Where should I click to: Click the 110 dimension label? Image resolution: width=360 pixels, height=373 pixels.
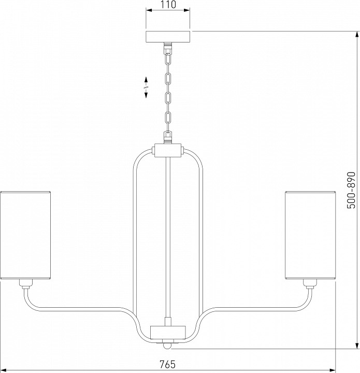[168, 5]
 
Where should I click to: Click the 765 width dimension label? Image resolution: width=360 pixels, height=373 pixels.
[167, 364]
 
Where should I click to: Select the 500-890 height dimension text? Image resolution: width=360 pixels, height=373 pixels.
[351, 190]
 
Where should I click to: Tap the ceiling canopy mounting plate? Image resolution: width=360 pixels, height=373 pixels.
[168, 37]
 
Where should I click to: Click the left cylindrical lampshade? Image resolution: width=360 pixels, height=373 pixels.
[25, 235]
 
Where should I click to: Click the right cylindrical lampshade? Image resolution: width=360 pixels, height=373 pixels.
[310, 235]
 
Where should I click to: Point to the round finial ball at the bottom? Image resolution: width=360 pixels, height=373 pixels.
[168, 346]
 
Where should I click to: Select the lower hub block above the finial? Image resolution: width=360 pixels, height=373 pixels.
[168, 332]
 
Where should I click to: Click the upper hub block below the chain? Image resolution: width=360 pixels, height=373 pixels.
[168, 150]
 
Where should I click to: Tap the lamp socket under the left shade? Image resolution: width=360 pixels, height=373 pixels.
[26, 284]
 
